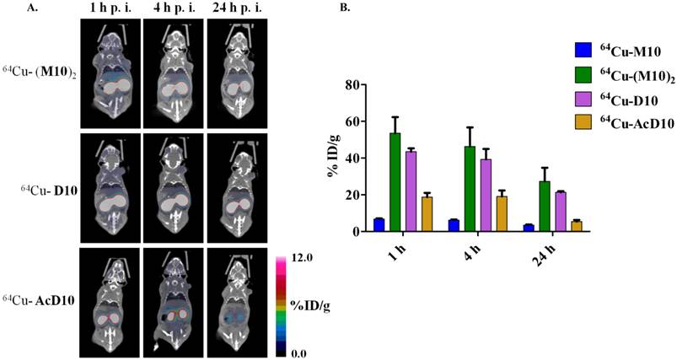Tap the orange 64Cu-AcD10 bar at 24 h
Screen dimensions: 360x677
(x=576, y=226)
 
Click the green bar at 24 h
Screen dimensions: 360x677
(x=544, y=207)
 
